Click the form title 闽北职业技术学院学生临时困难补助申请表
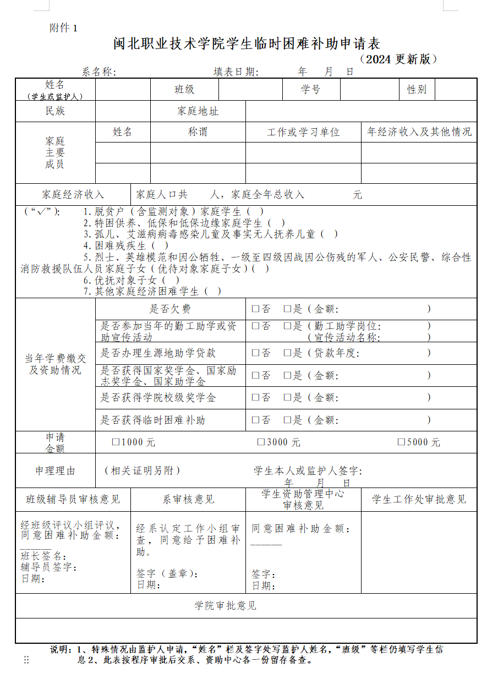coord(247,44)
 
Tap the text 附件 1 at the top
coord(63,28)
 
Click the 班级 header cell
coord(184,90)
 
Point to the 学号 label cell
coord(310,90)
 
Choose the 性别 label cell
coord(417,90)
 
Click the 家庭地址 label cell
coord(198,111)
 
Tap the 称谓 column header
coord(198,132)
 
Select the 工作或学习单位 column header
coord(303,133)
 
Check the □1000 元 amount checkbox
coord(116,442)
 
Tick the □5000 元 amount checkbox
coord(401,442)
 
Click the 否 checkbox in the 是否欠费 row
coord(255,309)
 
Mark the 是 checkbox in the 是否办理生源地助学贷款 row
coord(287,353)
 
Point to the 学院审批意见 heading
coord(226,606)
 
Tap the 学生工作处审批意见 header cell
coord(419,500)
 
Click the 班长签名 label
coord(43,556)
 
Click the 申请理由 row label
coord(55,471)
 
